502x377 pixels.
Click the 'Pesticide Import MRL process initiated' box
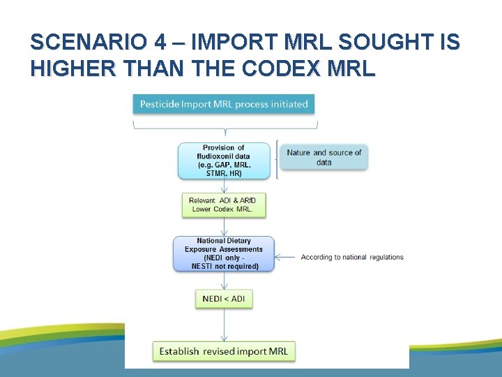[224, 104]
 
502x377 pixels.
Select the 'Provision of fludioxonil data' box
[224, 161]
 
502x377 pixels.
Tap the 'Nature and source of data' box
[324, 157]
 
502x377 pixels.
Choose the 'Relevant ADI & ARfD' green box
[222, 205]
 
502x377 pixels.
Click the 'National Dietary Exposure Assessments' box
[224, 253]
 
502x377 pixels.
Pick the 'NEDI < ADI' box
[224, 299]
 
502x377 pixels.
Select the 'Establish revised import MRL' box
[224, 351]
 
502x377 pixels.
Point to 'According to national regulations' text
[352, 258]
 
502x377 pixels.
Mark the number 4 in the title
[160, 43]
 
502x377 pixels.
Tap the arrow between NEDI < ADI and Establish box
[224, 324]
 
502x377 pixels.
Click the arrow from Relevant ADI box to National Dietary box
[224, 226]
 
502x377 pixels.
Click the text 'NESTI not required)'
[225, 266]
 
